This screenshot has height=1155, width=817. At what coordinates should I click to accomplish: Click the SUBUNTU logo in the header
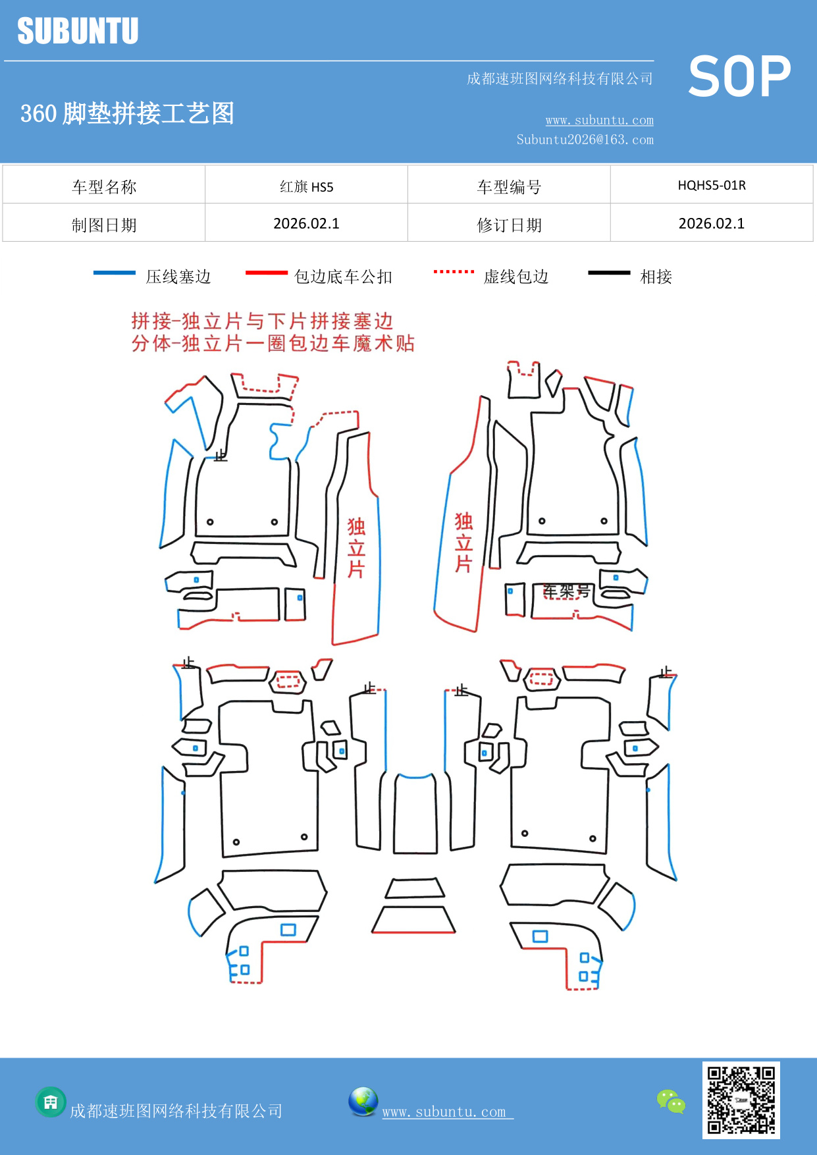[78, 31]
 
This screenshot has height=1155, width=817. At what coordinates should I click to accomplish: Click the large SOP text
[739, 76]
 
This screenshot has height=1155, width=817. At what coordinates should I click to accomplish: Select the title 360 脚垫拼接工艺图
[127, 113]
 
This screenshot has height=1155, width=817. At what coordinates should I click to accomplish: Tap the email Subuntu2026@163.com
[585, 140]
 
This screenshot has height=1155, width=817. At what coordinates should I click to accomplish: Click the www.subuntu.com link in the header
[599, 120]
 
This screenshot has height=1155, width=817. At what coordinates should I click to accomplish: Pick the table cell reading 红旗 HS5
[306, 186]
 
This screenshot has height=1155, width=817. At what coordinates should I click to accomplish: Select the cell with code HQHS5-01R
[712, 185]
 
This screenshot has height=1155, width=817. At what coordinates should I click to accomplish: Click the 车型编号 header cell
[509, 187]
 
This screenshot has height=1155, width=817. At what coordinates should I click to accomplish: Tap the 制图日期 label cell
[104, 225]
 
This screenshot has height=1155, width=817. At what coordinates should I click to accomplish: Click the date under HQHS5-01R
[712, 223]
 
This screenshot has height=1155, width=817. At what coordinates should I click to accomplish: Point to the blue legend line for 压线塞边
[114, 273]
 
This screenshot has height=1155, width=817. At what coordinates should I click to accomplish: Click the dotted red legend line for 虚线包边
[454, 271]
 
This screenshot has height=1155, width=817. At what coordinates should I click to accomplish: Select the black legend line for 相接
[609, 273]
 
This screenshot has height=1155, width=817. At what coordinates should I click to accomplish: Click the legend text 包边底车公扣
[343, 277]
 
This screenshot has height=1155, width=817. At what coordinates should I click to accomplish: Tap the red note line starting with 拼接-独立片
[262, 321]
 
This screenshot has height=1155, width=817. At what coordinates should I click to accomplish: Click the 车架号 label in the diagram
[566, 591]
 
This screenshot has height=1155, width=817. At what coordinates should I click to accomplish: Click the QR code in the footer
[741, 1100]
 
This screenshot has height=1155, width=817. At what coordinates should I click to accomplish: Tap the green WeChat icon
[671, 1101]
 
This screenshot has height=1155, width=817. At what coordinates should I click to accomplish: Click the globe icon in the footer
[363, 1102]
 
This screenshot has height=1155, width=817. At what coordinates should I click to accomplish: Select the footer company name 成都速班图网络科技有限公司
[176, 1111]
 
